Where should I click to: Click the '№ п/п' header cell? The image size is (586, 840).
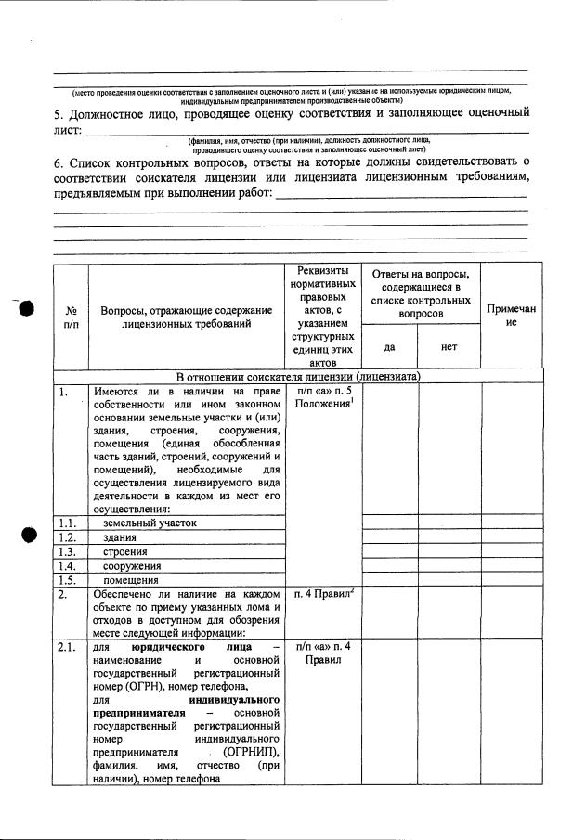point(71,317)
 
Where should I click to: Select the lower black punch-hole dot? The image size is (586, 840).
point(27,536)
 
